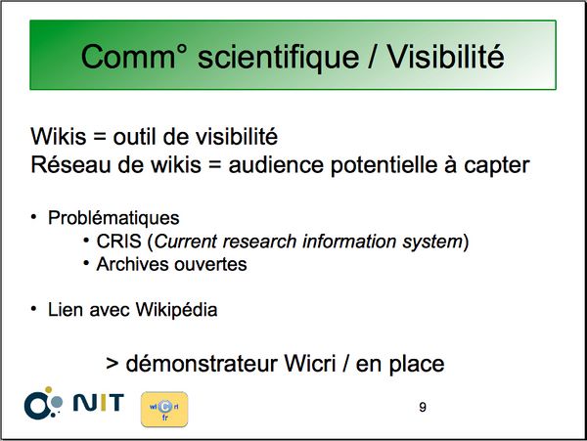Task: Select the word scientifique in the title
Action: [278, 58]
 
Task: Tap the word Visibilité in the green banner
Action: [445, 57]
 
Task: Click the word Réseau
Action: [70, 165]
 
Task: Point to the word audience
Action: [276, 165]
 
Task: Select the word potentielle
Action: [384, 166]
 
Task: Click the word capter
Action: [497, 166]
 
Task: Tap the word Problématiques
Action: [113, 218]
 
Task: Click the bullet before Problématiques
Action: [33, 217]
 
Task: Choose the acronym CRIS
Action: [119, 242]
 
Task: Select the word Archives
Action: [132, 264]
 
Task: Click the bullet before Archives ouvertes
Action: [86, 263]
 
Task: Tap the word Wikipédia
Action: [176, 310]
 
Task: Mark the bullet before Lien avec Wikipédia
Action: [33, 309]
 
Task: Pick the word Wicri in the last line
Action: [309, 363]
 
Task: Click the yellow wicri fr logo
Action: [164, 409]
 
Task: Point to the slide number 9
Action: [423, 407]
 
